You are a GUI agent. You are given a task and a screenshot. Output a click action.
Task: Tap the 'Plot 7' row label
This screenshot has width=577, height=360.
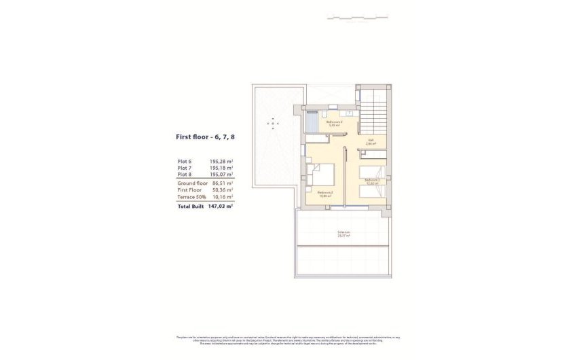click(185, 167)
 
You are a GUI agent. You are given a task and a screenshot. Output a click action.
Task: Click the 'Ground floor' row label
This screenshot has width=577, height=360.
click(193, 183)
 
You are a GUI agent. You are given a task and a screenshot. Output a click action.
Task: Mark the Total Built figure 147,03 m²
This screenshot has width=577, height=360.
click(221, 205)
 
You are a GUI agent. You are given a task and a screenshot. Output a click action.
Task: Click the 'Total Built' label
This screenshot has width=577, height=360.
click(191, 205)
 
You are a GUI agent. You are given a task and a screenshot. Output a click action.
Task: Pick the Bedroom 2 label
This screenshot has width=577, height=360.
click(371, 181)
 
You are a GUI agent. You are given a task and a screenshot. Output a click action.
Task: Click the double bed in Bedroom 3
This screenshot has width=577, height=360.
click(321, 175)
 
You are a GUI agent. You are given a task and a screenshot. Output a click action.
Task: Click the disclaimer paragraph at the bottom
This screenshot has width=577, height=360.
click(288, 340)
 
